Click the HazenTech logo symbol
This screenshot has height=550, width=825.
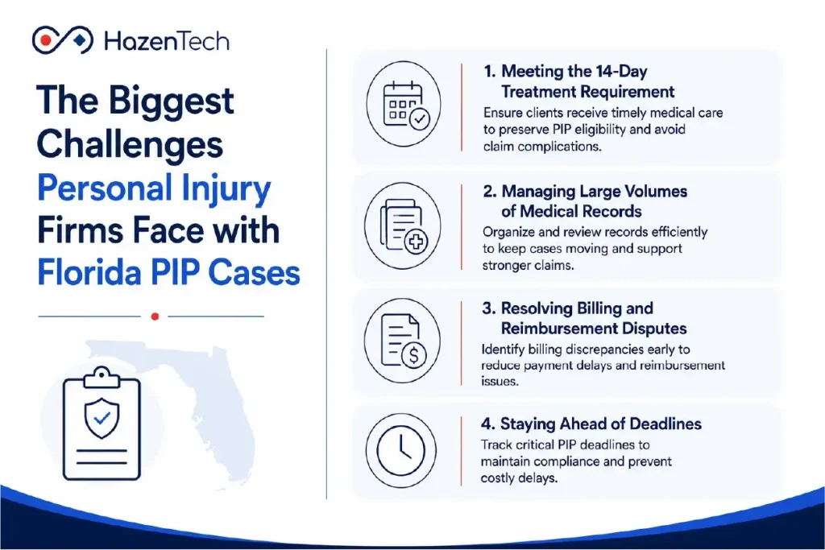63,40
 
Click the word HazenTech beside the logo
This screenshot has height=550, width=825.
167,41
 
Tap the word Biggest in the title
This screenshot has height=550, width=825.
171,102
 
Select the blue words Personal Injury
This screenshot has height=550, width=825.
154,188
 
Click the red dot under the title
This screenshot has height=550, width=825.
155,316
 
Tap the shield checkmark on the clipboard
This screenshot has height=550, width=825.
102,418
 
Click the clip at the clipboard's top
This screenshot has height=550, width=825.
102,377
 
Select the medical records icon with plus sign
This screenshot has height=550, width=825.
403,226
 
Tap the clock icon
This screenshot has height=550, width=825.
401,451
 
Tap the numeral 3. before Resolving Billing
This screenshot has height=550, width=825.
489,308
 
